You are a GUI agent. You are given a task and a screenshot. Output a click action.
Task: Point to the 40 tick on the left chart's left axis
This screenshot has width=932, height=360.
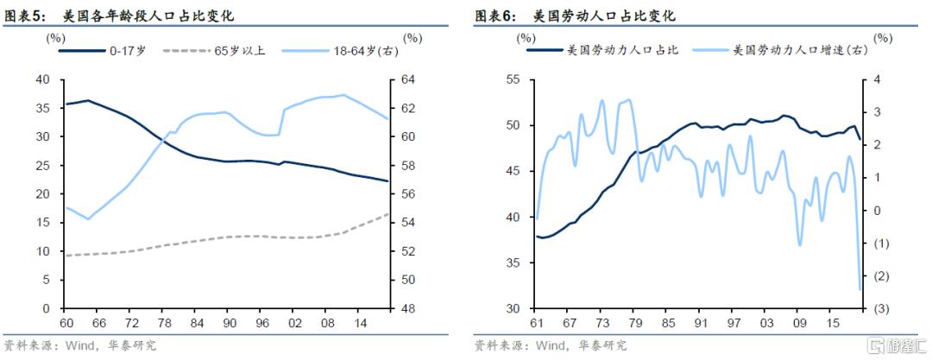click(x=42, y=79)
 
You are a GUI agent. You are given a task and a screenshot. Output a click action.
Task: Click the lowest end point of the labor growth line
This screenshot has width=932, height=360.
click(x=860, y=289)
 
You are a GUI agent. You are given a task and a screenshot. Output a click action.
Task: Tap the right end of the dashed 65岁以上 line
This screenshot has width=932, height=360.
click(x=387, y=213)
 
